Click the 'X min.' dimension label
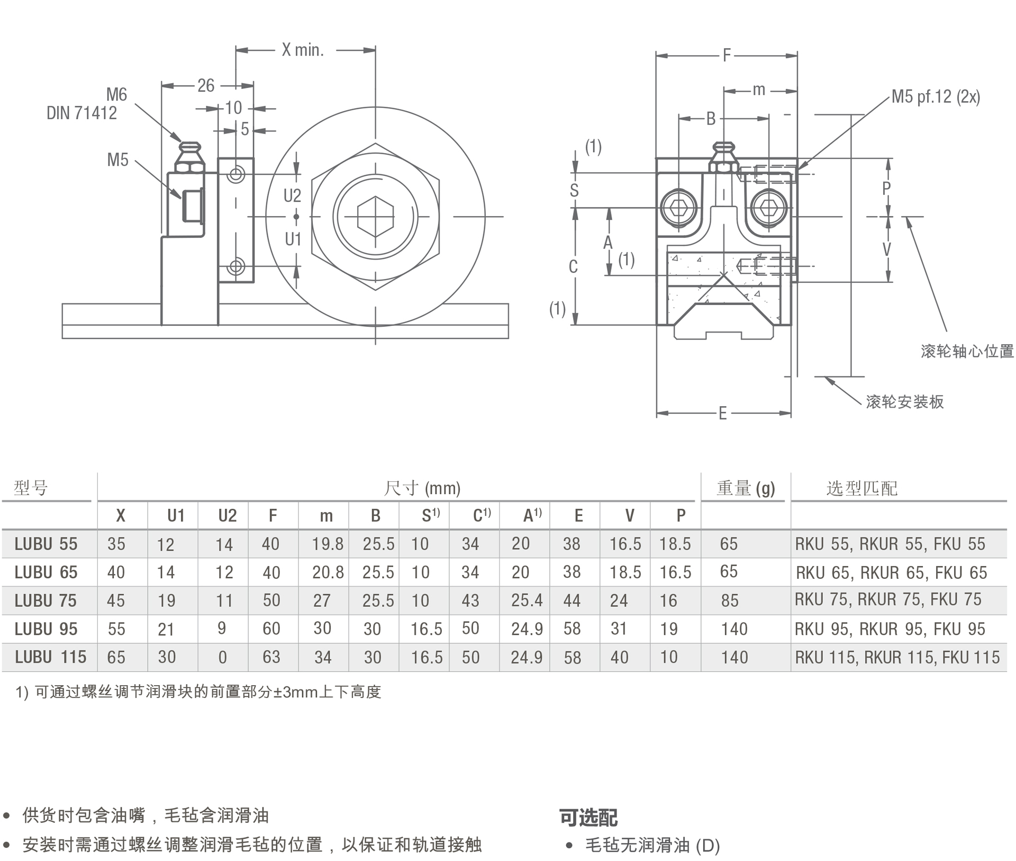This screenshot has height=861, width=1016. (302, 50)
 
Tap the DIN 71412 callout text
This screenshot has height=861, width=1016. (81, 113)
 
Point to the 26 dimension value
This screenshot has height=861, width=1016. (206, 85)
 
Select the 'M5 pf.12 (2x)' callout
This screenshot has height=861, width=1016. (936, 96)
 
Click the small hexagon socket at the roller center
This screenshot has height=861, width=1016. (375, 217)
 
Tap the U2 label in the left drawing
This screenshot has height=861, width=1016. (292, 196)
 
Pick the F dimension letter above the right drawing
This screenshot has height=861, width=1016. (727, 55)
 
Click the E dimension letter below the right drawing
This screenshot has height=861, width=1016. (722, 413)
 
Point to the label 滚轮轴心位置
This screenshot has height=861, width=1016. (967, 351)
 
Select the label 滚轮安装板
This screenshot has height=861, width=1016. (905, 402)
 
